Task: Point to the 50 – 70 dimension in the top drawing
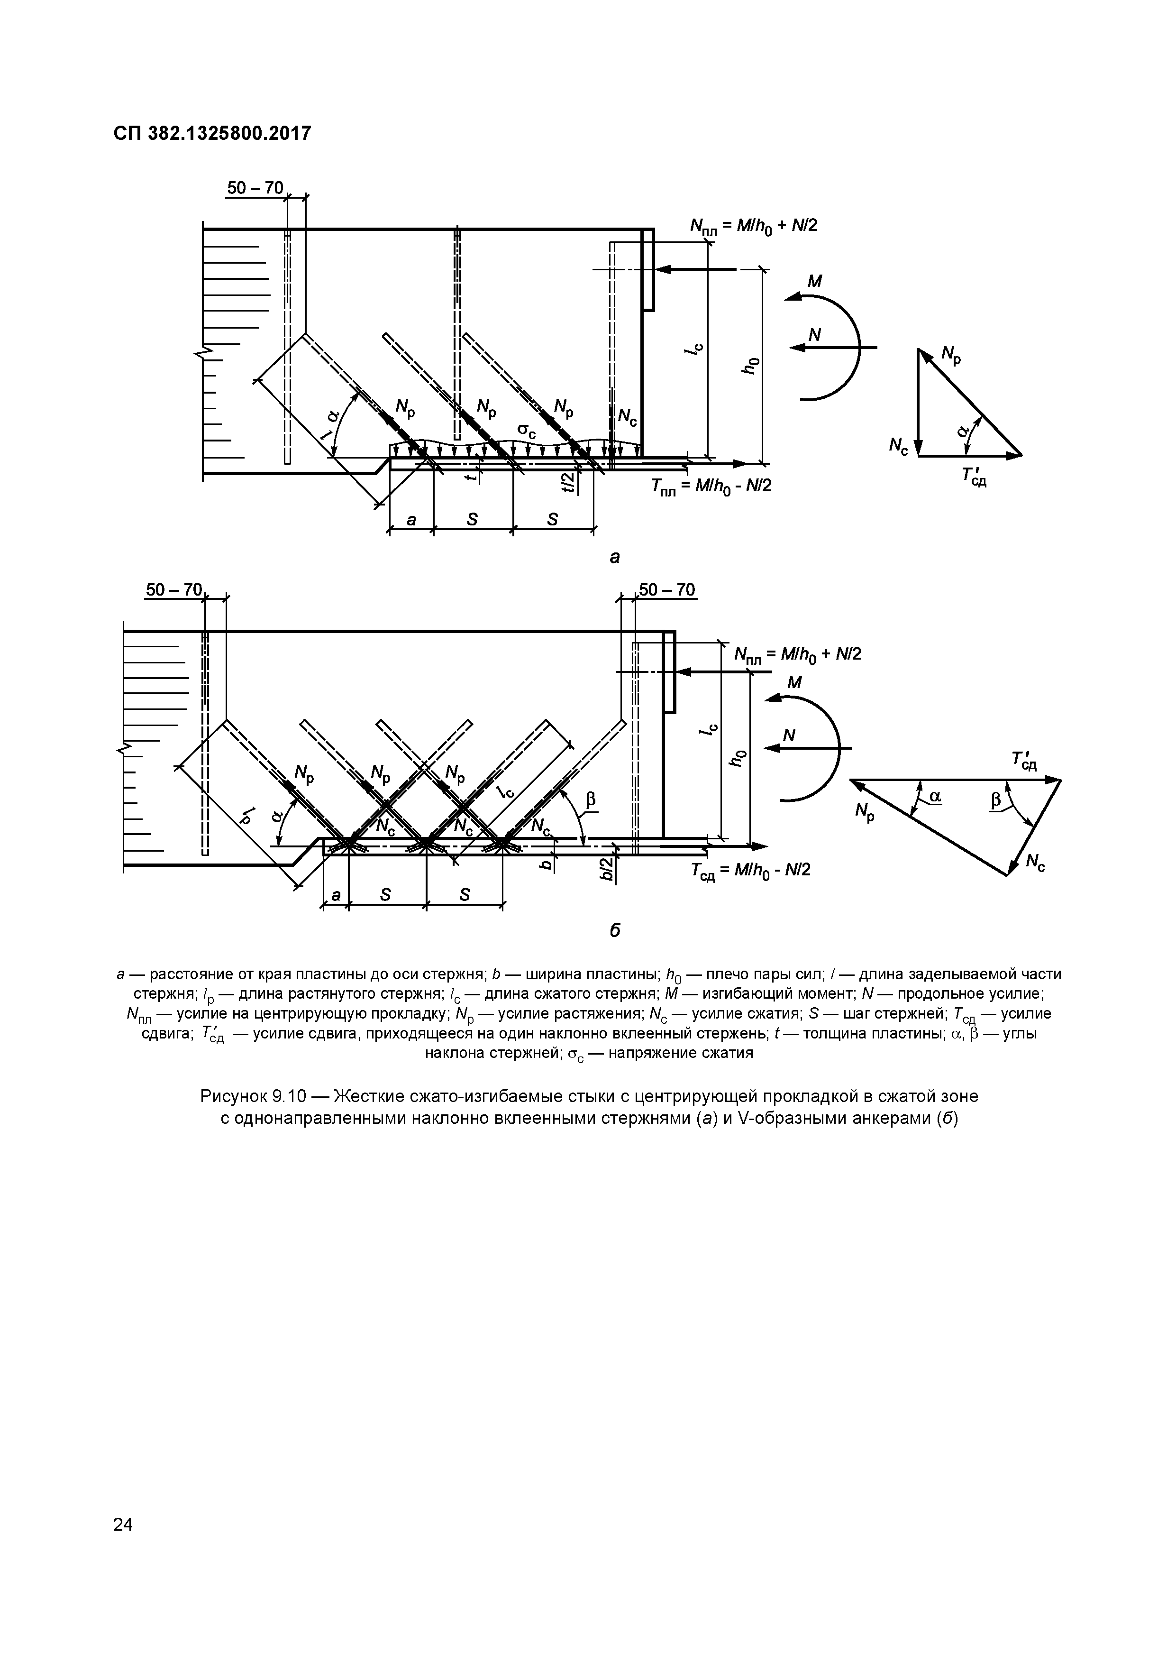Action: coord(255,188)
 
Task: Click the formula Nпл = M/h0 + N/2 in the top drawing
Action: coord(753,226)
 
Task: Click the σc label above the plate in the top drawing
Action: coord(527,431)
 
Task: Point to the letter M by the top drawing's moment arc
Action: coord(815,281)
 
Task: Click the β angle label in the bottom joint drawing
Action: coord(590,799)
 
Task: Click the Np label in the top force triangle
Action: coord(951,354)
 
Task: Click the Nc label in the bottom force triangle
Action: coord(1035,863)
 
